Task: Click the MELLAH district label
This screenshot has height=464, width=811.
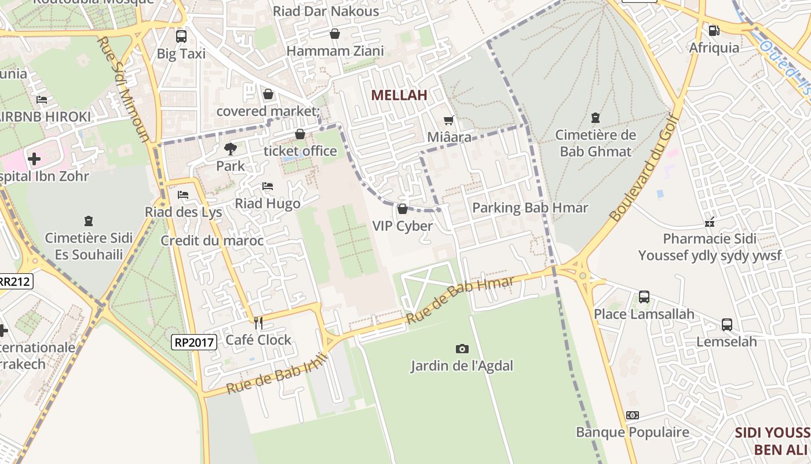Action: [x=399, y=95]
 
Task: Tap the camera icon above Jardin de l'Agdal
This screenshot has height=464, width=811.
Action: [x=462, y=349]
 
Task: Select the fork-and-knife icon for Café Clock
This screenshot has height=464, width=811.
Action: [x=258, y=323]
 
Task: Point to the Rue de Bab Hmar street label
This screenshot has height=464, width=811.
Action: [x=460, y=300]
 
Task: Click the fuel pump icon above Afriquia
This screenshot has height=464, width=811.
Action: [x=714, y=31]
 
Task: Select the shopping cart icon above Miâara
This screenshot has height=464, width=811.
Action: [x=448, y=121]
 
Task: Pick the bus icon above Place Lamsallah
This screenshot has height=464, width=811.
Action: [x=644, y=297]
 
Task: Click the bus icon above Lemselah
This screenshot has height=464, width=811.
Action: [x=726, y=325]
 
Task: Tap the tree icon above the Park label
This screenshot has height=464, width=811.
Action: [x=231, y=149]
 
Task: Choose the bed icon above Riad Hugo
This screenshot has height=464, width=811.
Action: [x=268, y=186]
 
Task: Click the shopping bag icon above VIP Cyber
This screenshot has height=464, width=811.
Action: [x=403, y=209]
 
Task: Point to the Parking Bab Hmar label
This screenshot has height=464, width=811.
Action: [x=530, y=208]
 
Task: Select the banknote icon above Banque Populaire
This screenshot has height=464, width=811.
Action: [x=633, y=415]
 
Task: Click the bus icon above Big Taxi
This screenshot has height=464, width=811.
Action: [x=181, y=37]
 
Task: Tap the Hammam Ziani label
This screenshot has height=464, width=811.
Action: [x=335, y=51]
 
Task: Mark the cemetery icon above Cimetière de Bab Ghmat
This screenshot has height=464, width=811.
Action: [x=595, y=118]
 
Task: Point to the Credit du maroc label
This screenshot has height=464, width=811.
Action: [x=212, y=241]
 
